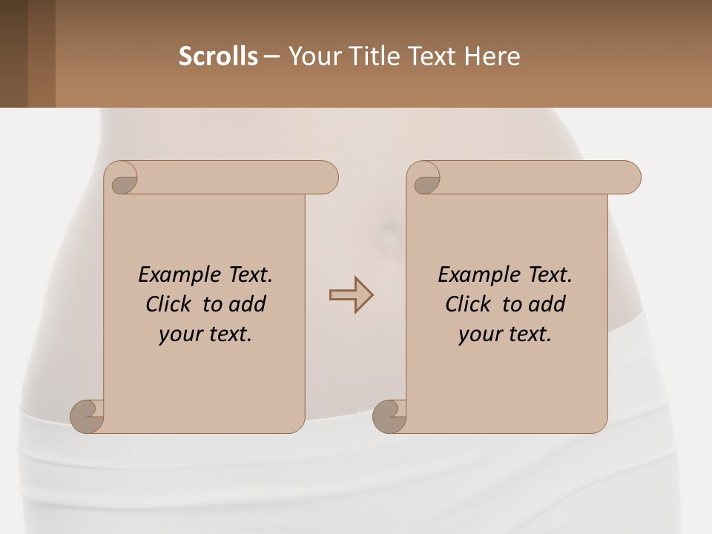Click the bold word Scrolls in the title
218,56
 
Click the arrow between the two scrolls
351,295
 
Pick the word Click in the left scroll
171,304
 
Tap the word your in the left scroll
179,334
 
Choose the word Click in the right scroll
467,304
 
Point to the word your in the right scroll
478,334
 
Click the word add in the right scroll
547,304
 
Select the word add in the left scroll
248,304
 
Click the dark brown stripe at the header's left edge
13,53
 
